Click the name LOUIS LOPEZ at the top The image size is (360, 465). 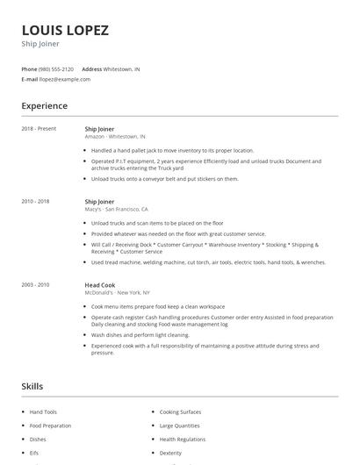[x=66, y=30]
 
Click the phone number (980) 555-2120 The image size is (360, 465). [x=57, y=68]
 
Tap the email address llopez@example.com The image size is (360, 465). [x=65, y=79]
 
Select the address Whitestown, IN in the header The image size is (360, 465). [x=121, y=68]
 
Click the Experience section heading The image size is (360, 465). [x=44, y=106]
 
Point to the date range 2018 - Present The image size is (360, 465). [x=39, y=129]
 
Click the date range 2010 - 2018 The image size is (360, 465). [x=35, y=202]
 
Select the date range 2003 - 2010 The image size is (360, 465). [x=35, y=284]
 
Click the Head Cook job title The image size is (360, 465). [x=99, y=284]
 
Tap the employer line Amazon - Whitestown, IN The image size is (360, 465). [x=115, y=137]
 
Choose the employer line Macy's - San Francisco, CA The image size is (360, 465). [x=116, y=210]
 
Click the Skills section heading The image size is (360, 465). [x=32, y=386]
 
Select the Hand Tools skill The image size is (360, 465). [x=43, y=411]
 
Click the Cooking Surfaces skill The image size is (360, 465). [x=180, y=411]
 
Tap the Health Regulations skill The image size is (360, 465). [x=182, y=439]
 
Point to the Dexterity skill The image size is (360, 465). [x=170, y=453]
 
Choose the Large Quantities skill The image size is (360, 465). [x=179, y=426]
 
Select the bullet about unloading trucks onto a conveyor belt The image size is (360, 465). [x=164, y=179]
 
